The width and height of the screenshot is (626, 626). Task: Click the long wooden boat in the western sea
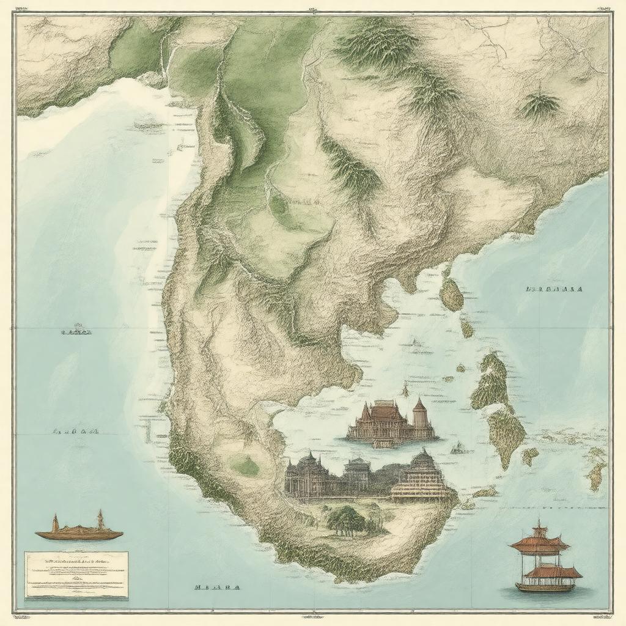point(79,533)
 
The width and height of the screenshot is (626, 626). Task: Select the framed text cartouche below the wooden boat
point(76,575)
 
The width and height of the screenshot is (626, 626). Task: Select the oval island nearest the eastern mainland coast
point(452,295)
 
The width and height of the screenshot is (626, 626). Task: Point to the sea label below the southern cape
point(217,587)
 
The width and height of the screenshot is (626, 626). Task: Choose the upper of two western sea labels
point(76,332)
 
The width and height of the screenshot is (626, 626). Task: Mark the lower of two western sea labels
point(76,431)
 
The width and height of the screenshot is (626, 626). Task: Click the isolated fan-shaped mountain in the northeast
point(539,105)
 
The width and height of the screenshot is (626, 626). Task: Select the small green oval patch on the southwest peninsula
point(246,467)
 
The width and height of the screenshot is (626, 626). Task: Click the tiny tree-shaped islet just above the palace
point(404,389)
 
